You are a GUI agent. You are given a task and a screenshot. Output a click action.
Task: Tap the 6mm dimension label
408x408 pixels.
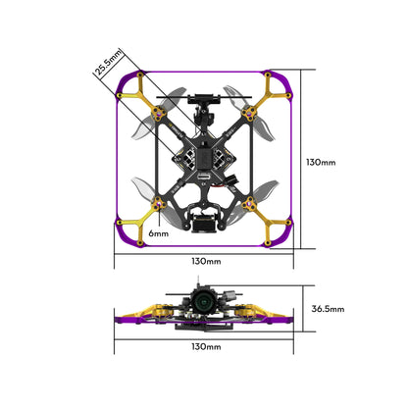click(159, 234)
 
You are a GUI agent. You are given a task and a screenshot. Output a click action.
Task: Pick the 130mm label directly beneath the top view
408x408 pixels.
click(206, 262)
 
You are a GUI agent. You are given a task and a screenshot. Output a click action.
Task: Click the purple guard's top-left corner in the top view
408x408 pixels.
click(123, 78)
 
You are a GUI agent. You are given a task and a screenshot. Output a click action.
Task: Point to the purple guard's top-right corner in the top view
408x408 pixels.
click(283, 78)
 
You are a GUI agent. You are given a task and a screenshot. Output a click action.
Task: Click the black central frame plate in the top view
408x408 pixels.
click(204, 157)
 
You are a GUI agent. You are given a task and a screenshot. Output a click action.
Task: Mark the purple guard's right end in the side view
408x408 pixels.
click(285, 320)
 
